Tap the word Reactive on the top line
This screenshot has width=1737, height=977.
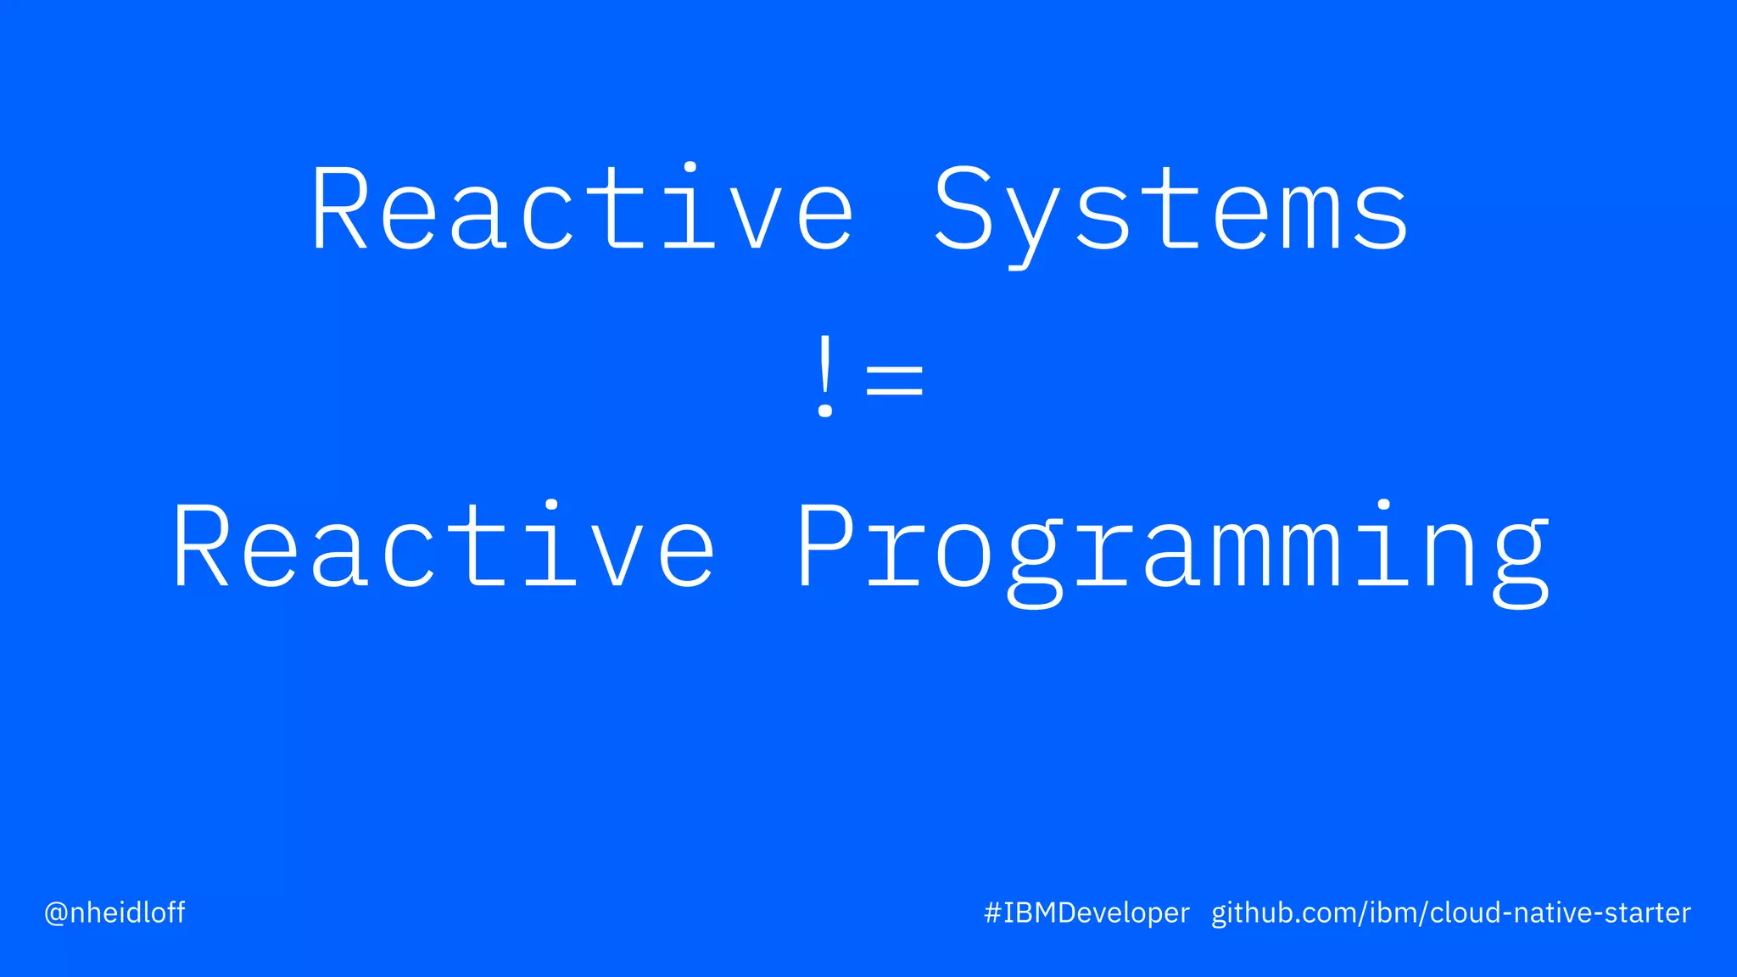[582, 209]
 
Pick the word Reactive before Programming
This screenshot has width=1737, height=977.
[444, 547]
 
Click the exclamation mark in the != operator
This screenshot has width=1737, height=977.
[824, 377]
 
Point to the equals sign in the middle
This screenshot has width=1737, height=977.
[894, 379]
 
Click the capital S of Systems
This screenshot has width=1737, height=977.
[963, 209]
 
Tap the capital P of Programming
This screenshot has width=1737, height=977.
[825, 545]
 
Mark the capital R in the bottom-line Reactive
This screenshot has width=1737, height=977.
[200, 545]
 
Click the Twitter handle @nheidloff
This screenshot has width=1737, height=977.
[114, 913]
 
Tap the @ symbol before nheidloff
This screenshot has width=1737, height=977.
[56, 913]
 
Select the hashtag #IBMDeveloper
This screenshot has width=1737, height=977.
[1086, 913]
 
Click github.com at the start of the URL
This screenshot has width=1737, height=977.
[1287, 913]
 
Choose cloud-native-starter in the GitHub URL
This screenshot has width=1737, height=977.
[1561, 913]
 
